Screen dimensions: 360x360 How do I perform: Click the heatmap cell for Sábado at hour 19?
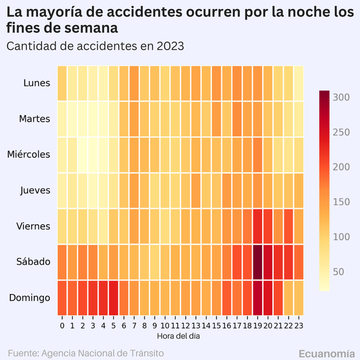coord(257,262)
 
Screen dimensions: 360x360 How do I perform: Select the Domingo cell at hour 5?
coord(113,298)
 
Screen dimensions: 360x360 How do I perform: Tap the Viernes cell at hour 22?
coord(288,226)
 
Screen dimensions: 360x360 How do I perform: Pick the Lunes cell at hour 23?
coord(298,83)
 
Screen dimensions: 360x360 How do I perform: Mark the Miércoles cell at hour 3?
coord(93,154)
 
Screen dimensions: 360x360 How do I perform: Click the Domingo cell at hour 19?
coord(257,298)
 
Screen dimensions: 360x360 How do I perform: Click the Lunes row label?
coord(37,83)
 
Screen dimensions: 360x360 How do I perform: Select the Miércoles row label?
coord(29,155)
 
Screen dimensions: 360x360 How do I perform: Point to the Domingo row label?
coord(30,298)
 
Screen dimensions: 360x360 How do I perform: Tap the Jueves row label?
coord(35,191)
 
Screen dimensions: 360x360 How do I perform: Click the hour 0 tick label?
coord(62,325)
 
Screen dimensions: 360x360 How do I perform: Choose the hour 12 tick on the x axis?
coord(185,325)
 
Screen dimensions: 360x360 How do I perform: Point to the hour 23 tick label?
coord(298,325)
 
